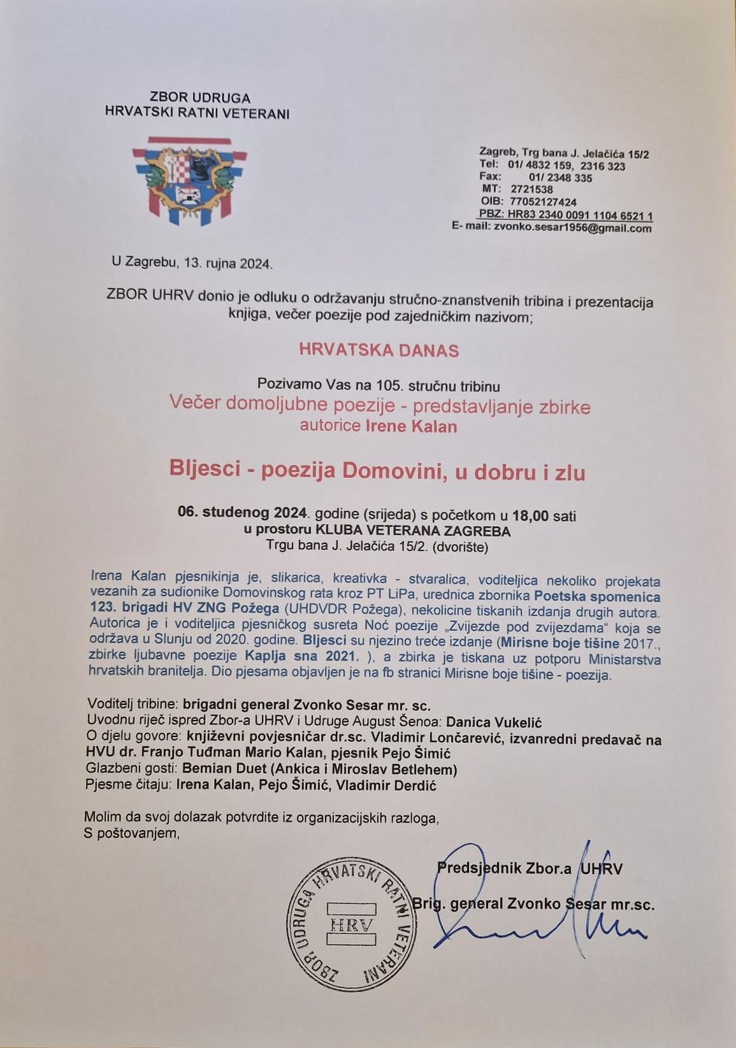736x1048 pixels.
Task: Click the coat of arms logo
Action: click(x=190, y=180)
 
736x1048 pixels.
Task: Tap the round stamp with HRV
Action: click(x=350, y=925)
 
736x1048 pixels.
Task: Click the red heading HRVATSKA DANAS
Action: click(x=379, y=350)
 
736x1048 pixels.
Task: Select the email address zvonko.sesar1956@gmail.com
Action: click(x=572, y=228)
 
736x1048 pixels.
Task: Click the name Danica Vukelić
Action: click(x=494, y=722)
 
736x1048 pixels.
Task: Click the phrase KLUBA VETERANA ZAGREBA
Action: click(x=413, y=530)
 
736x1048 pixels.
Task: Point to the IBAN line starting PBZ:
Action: click(x=565, y=215)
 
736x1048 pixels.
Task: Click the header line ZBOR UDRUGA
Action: click(x=199, y=97)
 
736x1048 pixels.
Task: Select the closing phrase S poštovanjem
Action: click(x=132, y=833)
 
